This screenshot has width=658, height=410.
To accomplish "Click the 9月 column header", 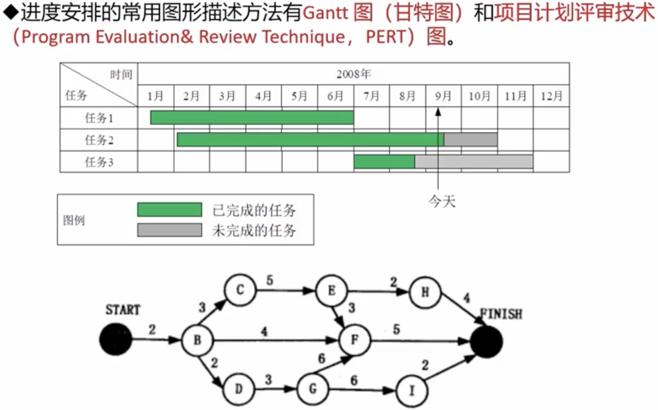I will tap(443, 96).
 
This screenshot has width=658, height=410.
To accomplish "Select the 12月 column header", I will tap(551, 96).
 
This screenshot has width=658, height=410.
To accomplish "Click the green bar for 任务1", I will tap(252, 118).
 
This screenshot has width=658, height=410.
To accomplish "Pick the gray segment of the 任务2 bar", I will tap(471, 140).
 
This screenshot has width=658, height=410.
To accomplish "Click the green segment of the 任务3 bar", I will tap(384, 162).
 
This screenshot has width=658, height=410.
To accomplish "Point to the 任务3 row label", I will tap(99, 162).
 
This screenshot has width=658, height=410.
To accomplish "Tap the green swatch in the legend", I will tap(170, 210).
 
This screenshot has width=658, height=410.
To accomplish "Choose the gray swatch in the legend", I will tap(170, 230).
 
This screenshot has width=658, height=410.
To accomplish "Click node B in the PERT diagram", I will tap(197, 340).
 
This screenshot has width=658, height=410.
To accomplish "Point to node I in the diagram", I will tap(412, 391).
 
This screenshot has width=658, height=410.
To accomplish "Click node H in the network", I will tap(425, 292).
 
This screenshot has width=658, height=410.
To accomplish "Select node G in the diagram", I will tap(313, 389).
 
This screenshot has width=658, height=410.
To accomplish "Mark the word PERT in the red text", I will tap(385, 37).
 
